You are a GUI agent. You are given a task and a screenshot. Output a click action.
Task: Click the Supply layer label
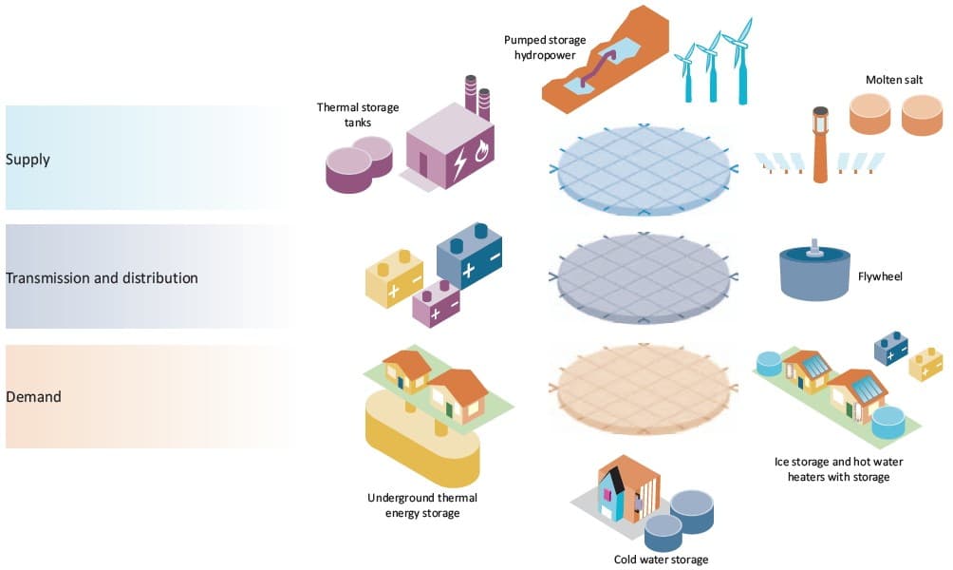(x=28, y=159)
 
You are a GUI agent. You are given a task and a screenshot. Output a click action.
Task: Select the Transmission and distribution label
(x=102, y=278)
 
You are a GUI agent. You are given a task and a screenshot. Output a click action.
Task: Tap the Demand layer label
(x=33, y=396)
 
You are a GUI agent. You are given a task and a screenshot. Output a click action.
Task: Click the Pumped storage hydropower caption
(x=545, y=47)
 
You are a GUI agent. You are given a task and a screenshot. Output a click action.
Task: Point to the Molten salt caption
(x=893, y=79)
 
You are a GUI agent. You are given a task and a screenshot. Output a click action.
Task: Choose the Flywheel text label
(x=879, y=276)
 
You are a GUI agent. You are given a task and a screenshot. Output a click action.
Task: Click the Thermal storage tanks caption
(x=345, y=114)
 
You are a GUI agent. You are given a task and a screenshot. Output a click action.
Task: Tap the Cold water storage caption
(x=662, y=560)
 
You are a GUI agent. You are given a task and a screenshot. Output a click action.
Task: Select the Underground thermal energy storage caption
(x=415, y=505)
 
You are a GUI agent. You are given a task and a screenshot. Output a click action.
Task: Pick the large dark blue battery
(x=469, y=256)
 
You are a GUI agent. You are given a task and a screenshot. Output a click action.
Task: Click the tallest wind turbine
(x=738, y=62)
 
